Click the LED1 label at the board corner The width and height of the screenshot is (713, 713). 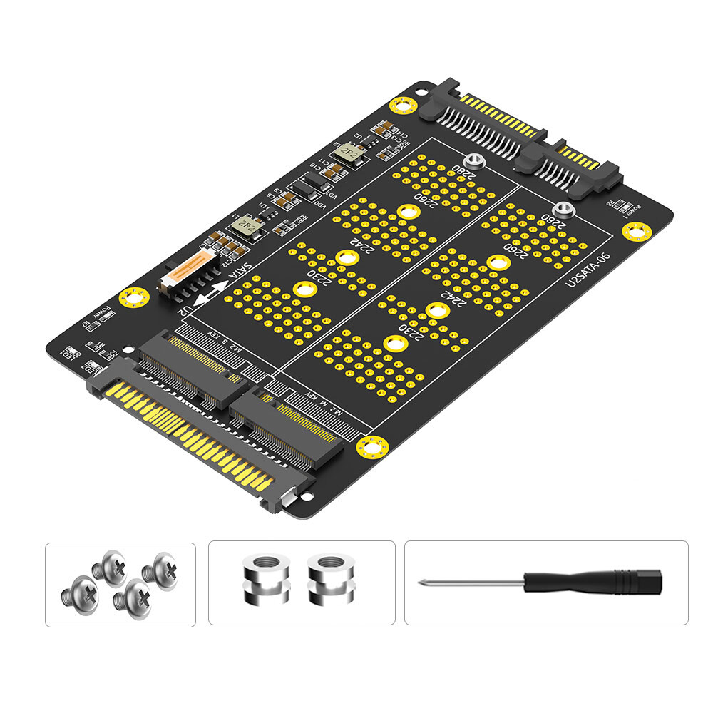coord(71,353)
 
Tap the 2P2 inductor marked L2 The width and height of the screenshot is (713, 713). coord(349,153)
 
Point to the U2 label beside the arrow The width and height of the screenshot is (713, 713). coord(184,312)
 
